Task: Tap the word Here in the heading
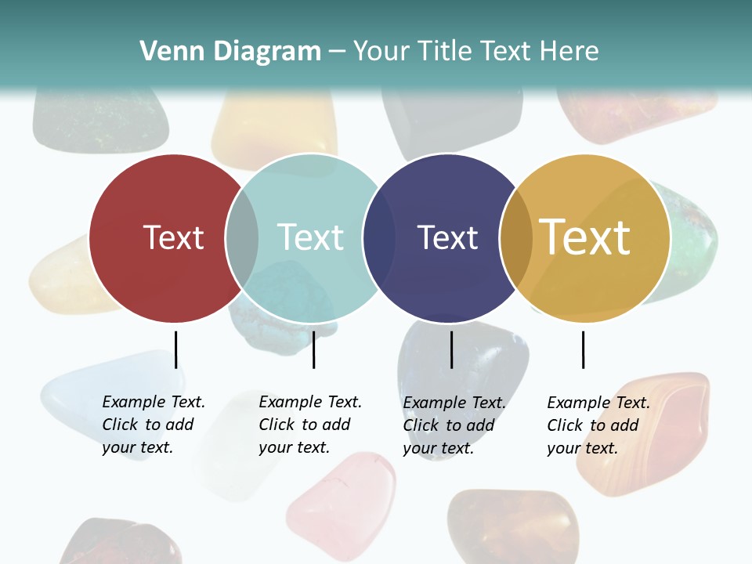click(569, 52)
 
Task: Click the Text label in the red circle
click(173, 237)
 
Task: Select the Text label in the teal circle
click(310, 237)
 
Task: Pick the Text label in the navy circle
click(447, 237)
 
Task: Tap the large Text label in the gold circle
click(585, 237)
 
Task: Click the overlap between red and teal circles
click(242, 237)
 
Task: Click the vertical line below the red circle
click(175, 349)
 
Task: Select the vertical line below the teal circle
click(313, 349)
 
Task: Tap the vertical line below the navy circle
click(451, 349)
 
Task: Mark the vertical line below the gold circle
click(583, 349)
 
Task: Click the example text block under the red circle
click(153, 425)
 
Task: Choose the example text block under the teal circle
click(309, 425)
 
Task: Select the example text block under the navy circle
click(454, 425)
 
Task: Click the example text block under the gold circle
click(598, 425)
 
